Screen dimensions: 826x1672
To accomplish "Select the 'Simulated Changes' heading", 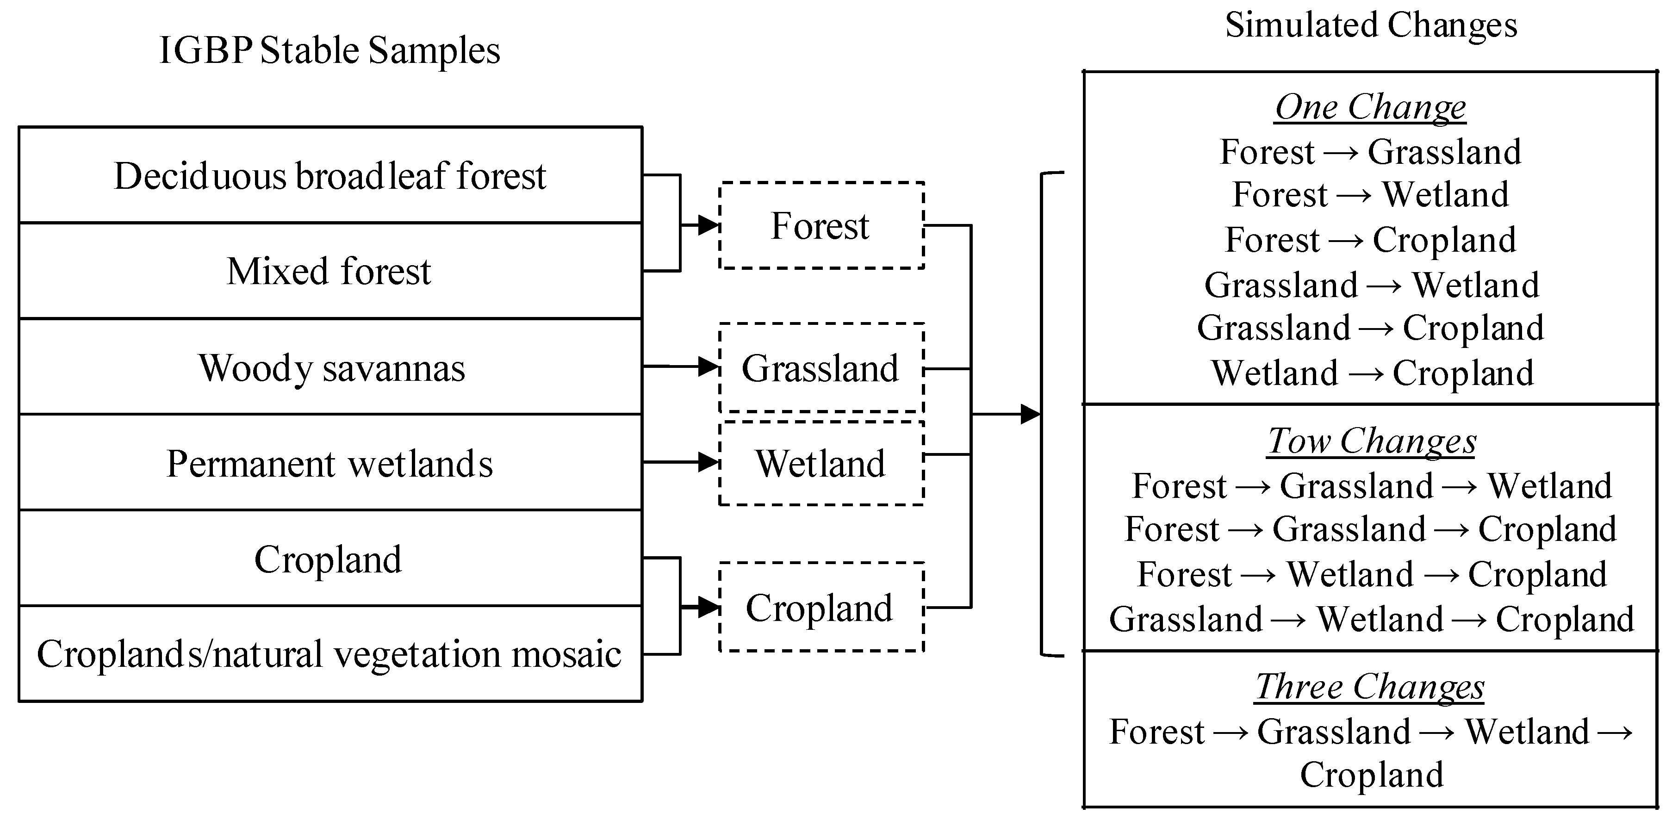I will [1371, 26].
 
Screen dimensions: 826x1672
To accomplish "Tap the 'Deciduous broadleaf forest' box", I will [330, 176].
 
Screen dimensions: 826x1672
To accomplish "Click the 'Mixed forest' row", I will [330, 271].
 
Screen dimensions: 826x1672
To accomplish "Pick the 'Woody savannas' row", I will [330, 368].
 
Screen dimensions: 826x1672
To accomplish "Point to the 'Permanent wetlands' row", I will [330, 463].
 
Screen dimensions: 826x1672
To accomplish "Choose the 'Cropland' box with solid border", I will [330, 559].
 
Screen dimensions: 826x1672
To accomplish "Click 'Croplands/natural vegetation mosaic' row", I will [330, 653].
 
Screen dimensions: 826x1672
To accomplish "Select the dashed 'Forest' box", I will [820, 226].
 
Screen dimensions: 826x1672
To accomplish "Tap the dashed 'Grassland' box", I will [820, 368].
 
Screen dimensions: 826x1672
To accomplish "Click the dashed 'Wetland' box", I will [820, 463].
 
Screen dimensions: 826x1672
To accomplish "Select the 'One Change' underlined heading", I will [1371, 107].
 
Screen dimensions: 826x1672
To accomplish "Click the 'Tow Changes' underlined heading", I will [1371, 441].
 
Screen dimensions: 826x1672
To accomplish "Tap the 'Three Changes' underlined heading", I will [1371, 687].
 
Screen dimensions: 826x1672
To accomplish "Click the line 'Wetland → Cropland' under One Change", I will [1372, 373].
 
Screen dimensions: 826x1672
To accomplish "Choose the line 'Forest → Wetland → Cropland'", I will [1372, 574].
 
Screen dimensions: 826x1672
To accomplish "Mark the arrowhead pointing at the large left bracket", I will [1030, 414].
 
